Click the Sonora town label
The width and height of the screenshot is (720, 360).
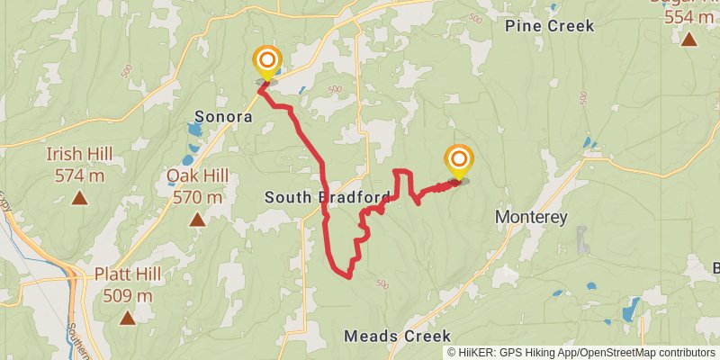223,116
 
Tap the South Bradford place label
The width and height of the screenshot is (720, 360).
328,197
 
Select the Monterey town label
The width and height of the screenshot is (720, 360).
531,218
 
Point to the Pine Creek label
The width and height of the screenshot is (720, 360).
550,26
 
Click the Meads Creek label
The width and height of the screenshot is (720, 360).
397,336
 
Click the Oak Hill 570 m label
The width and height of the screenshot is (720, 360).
195,186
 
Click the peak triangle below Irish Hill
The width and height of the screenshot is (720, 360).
79,197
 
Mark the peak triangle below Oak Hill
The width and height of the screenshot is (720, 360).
196,219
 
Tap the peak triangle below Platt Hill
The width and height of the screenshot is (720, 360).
128,317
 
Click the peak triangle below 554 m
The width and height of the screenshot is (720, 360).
688,39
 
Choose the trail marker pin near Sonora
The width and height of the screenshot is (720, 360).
266,62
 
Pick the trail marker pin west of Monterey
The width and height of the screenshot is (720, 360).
459,162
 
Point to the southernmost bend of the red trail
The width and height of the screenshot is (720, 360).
346,276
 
